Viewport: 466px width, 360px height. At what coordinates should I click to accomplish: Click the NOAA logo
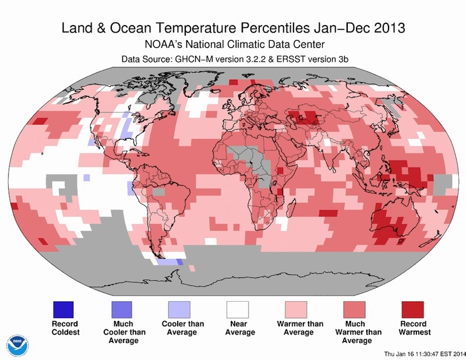tap(17, 343)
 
